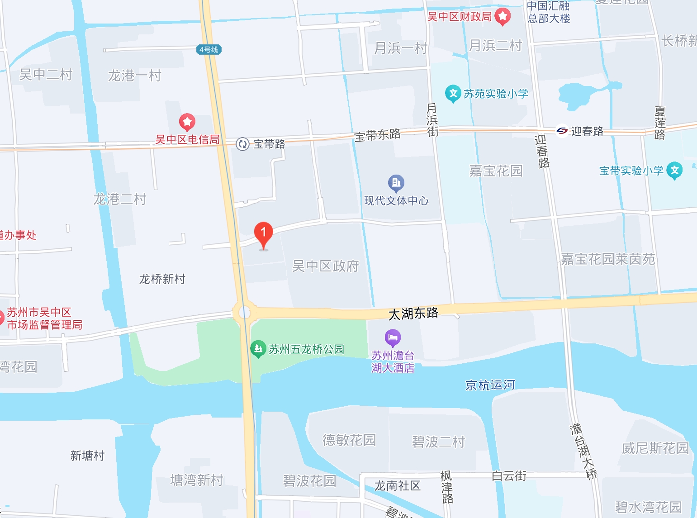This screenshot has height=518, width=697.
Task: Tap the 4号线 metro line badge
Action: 209,50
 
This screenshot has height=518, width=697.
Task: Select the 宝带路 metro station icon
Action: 242,144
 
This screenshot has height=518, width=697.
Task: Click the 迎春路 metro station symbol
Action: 562,131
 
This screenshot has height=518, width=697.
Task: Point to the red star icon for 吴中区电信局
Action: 187,122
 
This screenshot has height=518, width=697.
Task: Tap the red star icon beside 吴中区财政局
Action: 502,16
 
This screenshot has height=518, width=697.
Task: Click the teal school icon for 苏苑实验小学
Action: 452,94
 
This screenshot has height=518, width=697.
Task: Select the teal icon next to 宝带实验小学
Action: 674,170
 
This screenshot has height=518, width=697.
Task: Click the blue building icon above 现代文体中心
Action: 396,183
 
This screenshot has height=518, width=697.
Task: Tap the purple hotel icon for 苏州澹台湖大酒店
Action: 393,337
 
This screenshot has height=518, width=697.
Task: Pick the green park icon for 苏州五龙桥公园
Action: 258,349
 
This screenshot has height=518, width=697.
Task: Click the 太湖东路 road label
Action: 413,313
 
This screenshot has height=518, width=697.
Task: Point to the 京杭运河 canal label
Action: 490,385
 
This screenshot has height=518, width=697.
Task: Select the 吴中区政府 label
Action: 326,266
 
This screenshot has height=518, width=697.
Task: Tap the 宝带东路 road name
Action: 377,135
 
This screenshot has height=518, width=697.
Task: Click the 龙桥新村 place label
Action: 162,279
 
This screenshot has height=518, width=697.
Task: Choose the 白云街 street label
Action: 509,475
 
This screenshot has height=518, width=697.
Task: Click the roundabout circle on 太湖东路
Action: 244,312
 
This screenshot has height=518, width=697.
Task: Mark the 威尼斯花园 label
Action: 655,448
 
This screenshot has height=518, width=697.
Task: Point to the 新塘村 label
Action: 87,456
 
